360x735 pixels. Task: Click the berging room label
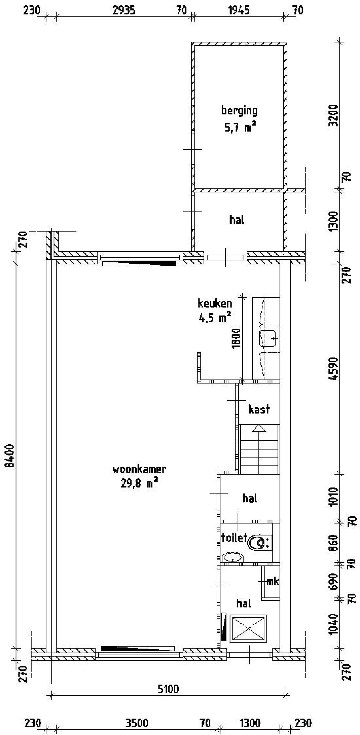[x=239, y=111]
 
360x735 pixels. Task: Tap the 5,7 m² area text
[x=240, y=127]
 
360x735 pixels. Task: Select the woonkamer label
[x=139, y=469]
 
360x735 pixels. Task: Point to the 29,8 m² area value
[x=139, y=483]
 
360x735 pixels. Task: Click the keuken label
[x=215, y=304]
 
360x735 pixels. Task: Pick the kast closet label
[x=259, y=410]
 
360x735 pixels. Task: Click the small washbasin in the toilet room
[x=232, y=557]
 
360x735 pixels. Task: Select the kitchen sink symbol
[x=268, y=338]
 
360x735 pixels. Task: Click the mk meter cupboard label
[x=272, y=581]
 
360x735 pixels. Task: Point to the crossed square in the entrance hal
[x=248, y=628]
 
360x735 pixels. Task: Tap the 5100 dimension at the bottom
[x=168, y=689]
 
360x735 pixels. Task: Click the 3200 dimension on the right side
[x=333, y=115]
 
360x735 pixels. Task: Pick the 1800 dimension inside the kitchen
[x=236, y=338]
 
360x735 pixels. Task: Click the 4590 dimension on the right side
[x=333, y=369]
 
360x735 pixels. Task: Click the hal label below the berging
[x=237, y=220]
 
